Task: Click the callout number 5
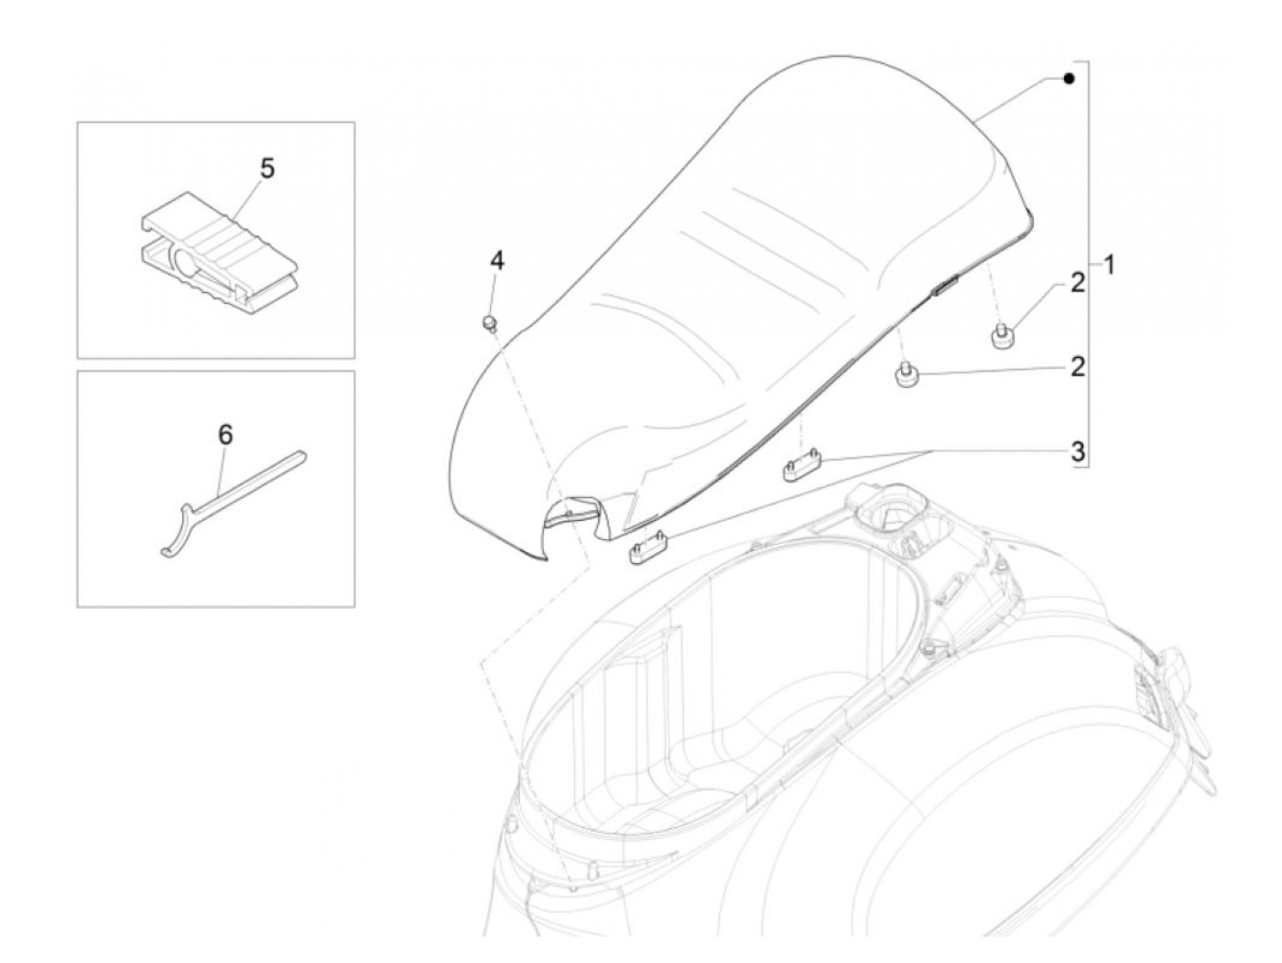pos(266,168)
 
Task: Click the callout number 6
pos(224,434)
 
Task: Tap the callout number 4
pos(496,261)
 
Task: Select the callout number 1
pos(1109,266)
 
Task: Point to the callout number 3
pos(1078,450)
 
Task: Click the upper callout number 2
pos(1078,283)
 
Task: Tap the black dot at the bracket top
pos(1068,80)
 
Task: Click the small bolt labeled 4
pos(489,322)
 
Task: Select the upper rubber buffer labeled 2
pos(1001,336)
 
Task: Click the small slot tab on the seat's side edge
pos(943,287)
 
